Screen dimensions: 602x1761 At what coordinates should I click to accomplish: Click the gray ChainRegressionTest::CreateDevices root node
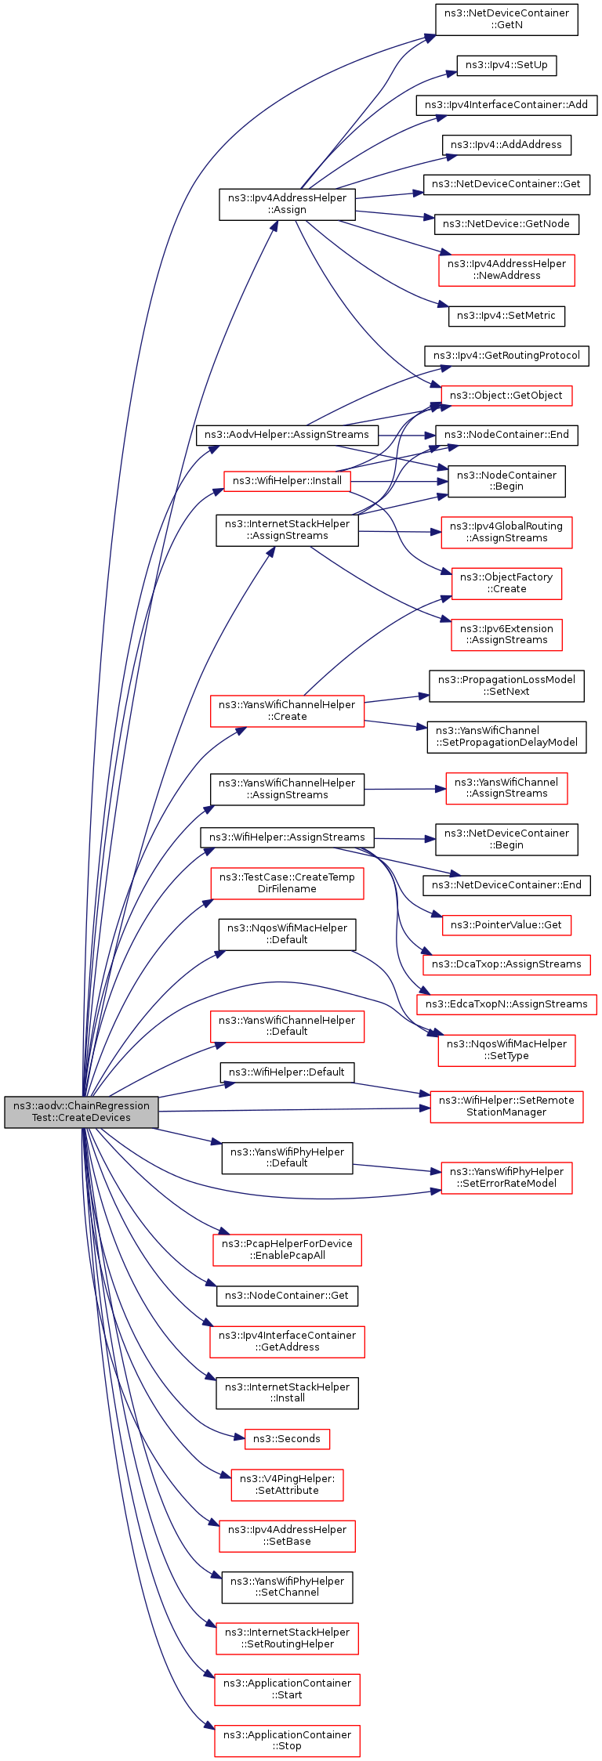pos(82,1112)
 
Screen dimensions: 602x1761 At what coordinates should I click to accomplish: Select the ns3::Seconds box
pos(287,1439)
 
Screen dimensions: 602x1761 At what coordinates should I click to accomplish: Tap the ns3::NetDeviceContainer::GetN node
pos(506,20)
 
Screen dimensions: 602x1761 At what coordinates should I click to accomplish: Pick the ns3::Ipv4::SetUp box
pos(506,66)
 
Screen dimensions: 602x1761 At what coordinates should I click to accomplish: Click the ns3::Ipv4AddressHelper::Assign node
pos(287,204)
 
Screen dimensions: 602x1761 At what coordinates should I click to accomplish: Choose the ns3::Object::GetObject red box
pos(506,396)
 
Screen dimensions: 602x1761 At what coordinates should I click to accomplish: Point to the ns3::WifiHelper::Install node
pos(287,481)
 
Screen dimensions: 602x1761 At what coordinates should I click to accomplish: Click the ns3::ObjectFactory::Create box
pos(506,584)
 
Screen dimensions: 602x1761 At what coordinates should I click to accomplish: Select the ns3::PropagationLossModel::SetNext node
pos(506,686)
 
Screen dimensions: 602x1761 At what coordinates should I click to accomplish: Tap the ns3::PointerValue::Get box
pos(506,925)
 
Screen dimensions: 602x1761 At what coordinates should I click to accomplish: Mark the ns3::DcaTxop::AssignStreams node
pos(506,964)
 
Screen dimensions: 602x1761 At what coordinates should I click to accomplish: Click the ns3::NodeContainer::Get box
pos(287,1296)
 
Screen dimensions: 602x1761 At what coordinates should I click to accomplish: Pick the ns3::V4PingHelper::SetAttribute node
pos(287,1484)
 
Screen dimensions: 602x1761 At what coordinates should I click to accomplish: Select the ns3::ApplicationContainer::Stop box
pos(287,1741)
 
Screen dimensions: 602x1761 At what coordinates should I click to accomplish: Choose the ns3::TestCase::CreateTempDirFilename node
pos(287,884)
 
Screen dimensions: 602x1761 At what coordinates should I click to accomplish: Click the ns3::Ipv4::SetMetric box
pos(506,316)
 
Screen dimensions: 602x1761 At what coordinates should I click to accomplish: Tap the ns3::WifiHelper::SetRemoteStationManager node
pos(506,1107)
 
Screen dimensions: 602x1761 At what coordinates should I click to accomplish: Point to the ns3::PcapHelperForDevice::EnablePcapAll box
pos(287,1249)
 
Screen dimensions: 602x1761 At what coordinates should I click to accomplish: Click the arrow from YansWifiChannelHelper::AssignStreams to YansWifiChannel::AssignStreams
pos(405,789)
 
